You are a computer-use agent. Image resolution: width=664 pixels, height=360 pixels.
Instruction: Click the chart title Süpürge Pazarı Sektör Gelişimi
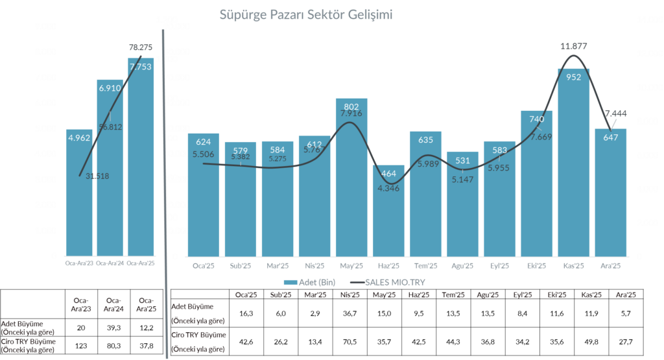(306, 14)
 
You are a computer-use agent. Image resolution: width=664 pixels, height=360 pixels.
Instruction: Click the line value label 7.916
(351, 114)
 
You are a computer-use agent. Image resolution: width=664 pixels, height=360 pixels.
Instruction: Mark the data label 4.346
(388, 188)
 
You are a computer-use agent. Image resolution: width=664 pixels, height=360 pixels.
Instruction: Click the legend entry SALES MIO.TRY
(388, 283)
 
